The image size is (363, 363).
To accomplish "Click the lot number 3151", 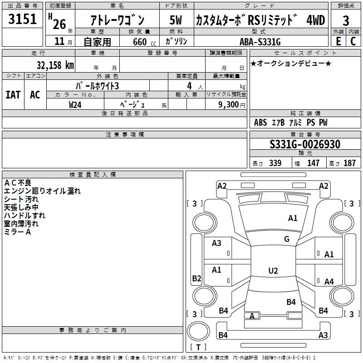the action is (x=22, y=19).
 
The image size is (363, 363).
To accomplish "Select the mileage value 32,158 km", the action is (x=55, y=65).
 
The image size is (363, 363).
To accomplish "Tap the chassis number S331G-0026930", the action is (x=305, y=144).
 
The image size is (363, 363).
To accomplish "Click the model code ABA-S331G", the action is (x=260, y=42).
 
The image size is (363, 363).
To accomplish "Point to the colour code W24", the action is (x=75, y=105).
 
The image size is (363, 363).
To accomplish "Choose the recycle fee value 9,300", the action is (x=228, y=104).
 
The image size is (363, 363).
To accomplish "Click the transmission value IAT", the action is (x=13, y=95).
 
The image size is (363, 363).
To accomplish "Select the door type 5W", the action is (x=176, y=20).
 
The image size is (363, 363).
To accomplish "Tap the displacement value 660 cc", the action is (x=144, y=42).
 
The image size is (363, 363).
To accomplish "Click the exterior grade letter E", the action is (x=338, y=41).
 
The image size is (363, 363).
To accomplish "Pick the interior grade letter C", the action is (x=353, y=41).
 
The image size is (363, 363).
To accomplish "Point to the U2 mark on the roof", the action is (x=273, y=270).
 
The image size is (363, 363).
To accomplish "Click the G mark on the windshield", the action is (x=287, y=239).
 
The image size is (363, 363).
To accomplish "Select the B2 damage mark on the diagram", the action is (x=196, y=278).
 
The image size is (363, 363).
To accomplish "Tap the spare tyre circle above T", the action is (x=198, y=331).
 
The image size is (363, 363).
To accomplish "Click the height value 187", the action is (x=349, y=163).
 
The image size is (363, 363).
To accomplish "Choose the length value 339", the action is (x=275, y=163).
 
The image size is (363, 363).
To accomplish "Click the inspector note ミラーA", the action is (x=17, y=232).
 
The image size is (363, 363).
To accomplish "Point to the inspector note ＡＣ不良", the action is (x=18, y=183).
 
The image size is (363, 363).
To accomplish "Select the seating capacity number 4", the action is (x=189, y=86).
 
